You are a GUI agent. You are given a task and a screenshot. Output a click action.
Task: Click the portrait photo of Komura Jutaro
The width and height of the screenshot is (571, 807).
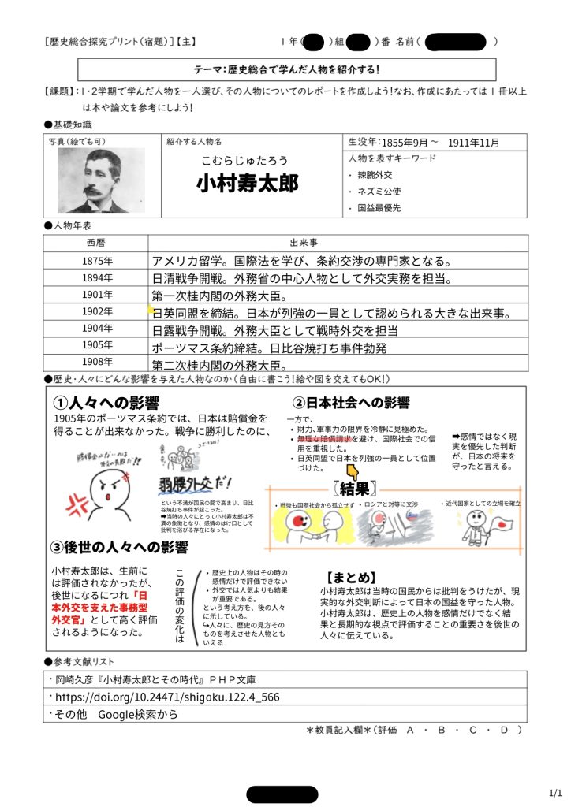[x=94, y=180]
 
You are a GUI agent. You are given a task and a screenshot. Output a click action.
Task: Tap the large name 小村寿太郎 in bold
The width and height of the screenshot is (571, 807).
[x=248, y=184]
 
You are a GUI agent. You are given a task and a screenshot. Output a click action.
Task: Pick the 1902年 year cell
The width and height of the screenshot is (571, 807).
[x=96, y=312]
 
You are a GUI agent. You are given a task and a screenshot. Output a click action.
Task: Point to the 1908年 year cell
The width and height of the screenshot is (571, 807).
[x=96, y=363]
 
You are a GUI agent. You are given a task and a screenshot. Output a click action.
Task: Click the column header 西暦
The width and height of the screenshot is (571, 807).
[x=96, y=243]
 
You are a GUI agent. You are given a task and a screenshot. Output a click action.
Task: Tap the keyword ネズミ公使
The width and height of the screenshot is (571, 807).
[x=379, y=191]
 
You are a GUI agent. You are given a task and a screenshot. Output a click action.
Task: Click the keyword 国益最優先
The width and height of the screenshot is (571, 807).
[x=379, y=209]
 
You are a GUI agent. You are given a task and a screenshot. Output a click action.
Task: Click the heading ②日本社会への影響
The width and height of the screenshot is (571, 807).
[x=351, y=403]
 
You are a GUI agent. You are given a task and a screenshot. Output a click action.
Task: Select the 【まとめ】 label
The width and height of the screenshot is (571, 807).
[x=351, y=576]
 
